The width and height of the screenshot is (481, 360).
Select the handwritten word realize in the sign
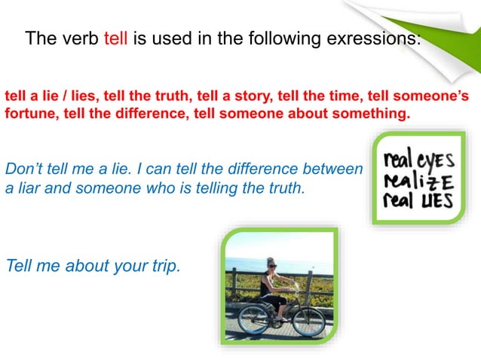(x=410, y=182)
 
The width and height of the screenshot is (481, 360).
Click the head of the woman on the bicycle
(x=271, y=264)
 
